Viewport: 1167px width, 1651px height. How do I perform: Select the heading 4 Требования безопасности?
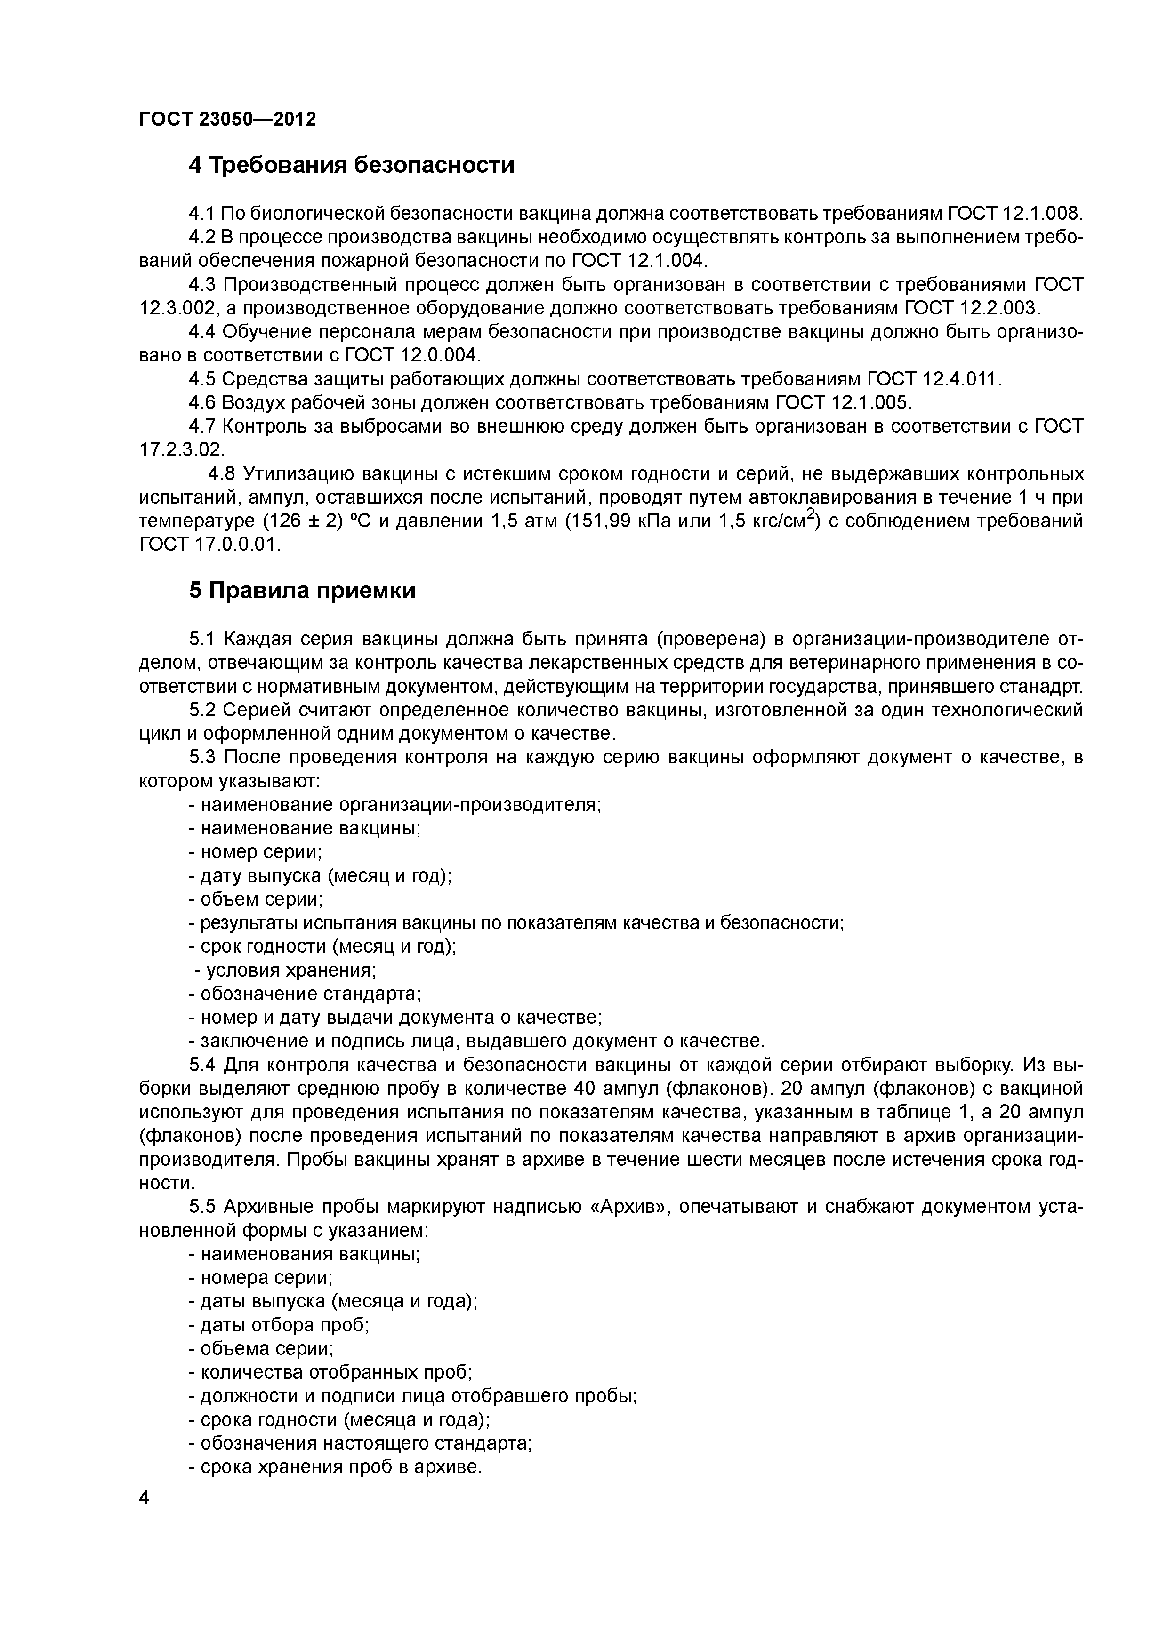coord(352,165)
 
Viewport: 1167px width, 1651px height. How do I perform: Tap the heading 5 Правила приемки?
coord(302,591)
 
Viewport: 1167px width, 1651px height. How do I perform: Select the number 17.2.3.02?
coord(181,450)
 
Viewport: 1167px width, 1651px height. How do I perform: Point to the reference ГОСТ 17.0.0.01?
coord(209,545)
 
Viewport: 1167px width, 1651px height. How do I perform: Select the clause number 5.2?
coord(203,711)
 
